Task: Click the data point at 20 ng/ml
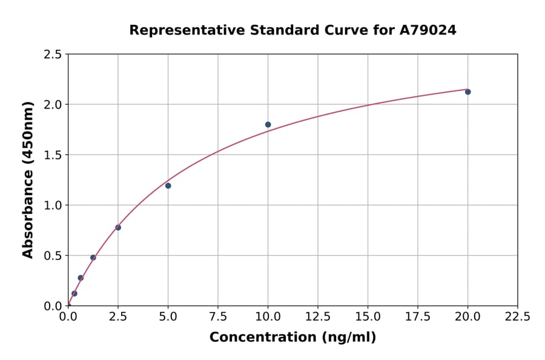point(467,92)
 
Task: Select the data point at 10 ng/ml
point(268,124)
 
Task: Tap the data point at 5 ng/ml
point(168,185)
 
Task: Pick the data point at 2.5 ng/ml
point(118,227)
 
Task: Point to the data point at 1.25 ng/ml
point(93,258)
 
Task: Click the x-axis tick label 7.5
point(218,316)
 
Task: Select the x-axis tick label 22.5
point(517,316)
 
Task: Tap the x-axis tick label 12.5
point(318,316)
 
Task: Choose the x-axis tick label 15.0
point(368,316)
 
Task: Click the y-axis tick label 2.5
point(53,55)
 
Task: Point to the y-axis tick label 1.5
point(53,155)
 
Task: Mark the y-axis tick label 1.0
point(53,205)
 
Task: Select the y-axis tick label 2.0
point(53,105)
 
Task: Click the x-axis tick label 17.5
point(418,316)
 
